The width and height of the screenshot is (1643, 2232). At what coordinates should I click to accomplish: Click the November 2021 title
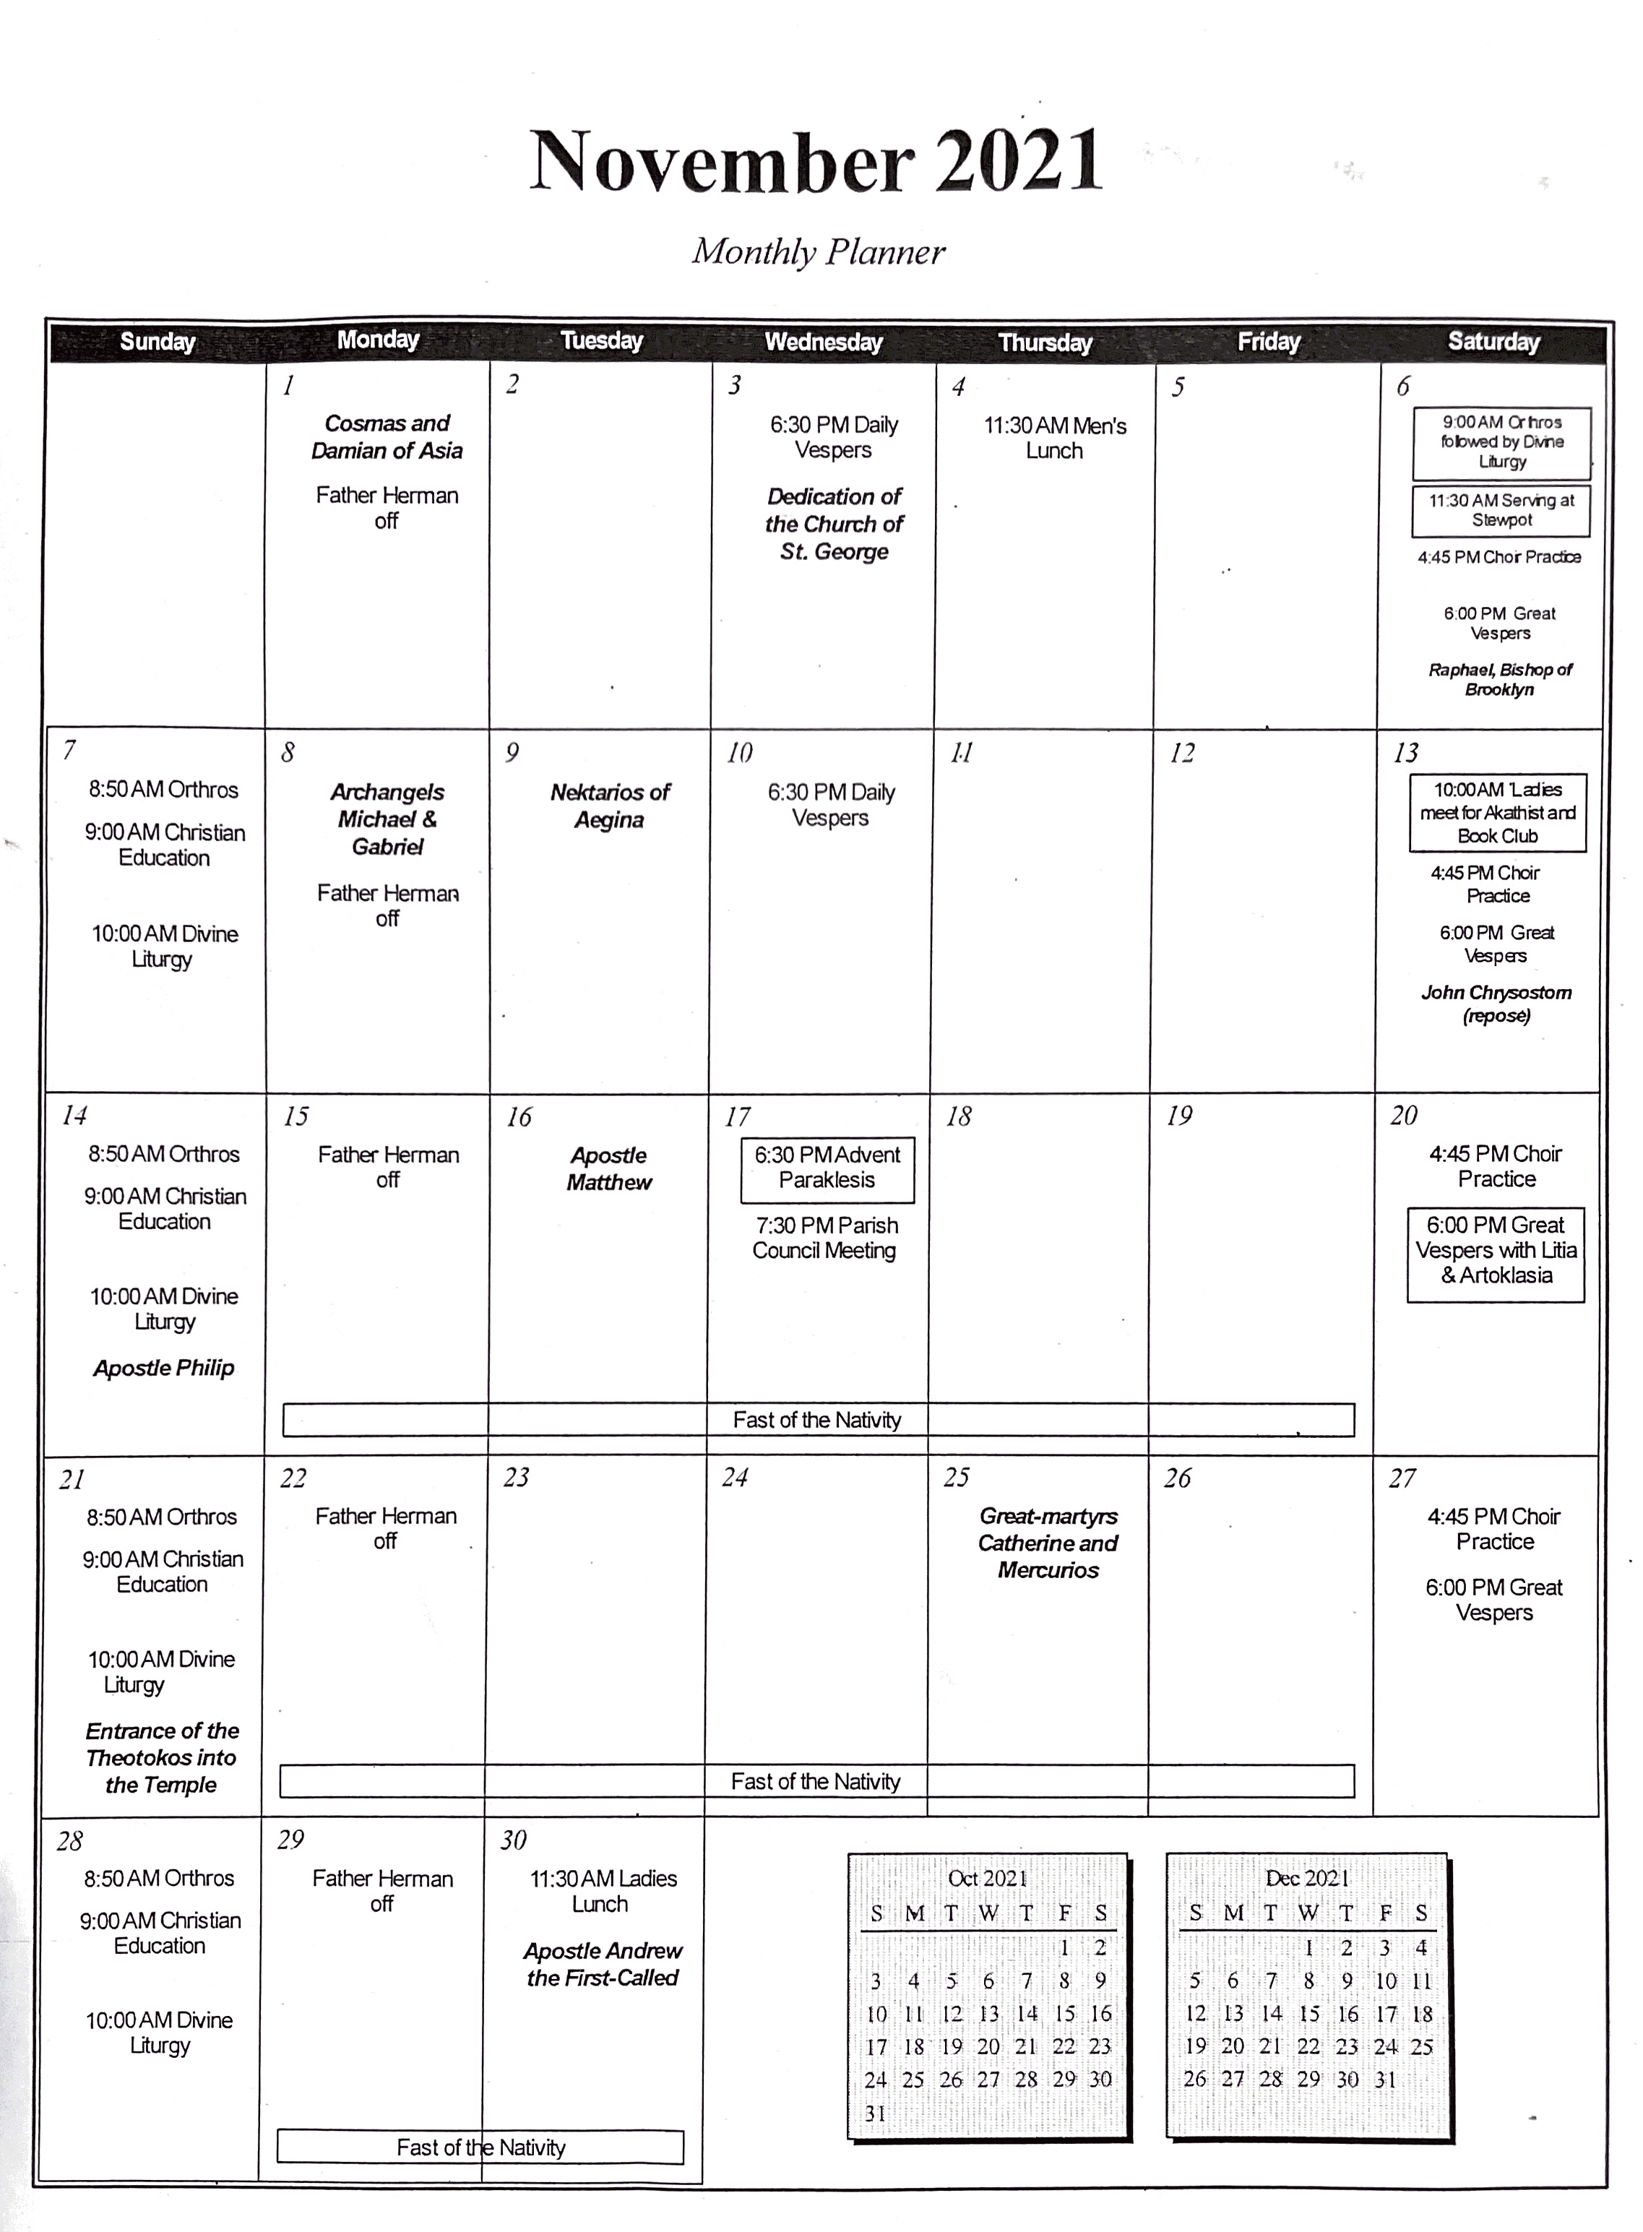coord(816,161)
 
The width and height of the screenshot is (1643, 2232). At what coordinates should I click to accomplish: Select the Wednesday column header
coord(824,342)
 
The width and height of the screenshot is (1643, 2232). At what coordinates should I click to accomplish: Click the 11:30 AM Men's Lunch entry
coord(1055,438)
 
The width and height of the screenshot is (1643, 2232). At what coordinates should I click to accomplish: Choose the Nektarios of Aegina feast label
coord(610,806)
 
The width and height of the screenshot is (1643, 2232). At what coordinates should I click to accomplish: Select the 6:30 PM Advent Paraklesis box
coord(827,1168)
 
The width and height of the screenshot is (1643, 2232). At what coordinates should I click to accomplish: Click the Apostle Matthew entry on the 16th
coord(608,1168)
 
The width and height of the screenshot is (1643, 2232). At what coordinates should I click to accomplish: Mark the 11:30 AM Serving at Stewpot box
coord(1501,510)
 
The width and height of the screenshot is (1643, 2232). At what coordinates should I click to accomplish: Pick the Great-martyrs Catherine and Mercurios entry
coord(1048,1543)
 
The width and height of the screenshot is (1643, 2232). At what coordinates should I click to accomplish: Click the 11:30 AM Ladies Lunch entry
coord(602,1891)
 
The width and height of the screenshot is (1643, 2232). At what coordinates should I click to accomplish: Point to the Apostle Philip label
coord(164,1368)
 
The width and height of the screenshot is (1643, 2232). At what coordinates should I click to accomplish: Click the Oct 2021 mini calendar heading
coord(987,1878)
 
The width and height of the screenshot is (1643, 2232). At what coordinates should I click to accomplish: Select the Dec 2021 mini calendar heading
coord(1306,1878)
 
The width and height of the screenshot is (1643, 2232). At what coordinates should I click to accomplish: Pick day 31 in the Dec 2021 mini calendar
coord(1385,2079)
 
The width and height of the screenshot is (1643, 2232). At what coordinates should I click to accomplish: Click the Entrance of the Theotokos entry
coord(161,1757)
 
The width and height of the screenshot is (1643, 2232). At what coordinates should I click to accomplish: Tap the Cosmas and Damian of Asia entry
coord(387,436)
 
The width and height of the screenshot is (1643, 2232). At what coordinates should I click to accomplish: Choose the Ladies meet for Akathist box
coord(1497,813)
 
